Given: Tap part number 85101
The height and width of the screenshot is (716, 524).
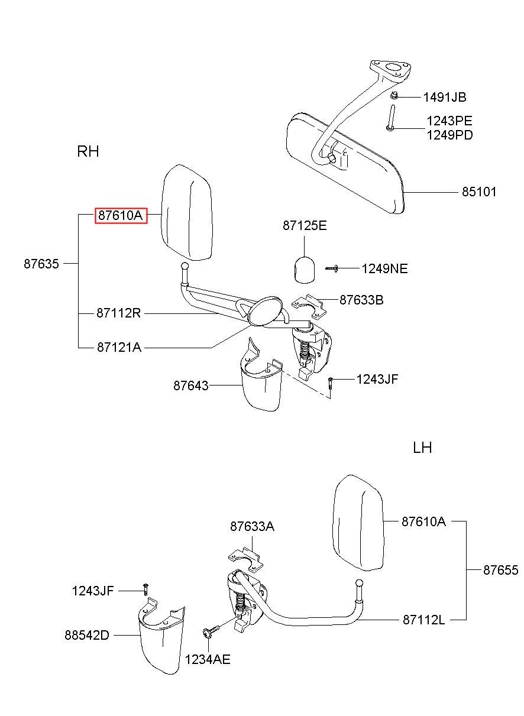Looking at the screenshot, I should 479,192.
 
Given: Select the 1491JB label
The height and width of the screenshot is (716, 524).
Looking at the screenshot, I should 444,98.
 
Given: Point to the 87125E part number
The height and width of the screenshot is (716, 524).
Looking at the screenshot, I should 305,226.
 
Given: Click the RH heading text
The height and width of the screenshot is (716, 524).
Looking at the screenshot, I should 88,151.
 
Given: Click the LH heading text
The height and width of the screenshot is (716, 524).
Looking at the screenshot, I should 422,448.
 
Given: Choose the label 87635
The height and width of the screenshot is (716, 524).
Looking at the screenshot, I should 41,264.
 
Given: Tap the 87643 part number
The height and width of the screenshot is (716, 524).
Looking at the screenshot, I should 191,385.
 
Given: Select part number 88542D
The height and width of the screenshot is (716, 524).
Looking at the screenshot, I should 87,636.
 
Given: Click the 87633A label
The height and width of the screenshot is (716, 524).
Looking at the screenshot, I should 252,526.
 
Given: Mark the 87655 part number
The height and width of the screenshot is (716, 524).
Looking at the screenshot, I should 500,571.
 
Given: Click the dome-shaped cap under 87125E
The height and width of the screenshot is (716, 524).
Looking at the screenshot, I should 304,270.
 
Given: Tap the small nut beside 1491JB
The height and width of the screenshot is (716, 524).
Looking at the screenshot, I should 394,96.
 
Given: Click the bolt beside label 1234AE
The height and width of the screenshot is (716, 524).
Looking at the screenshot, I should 212,631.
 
